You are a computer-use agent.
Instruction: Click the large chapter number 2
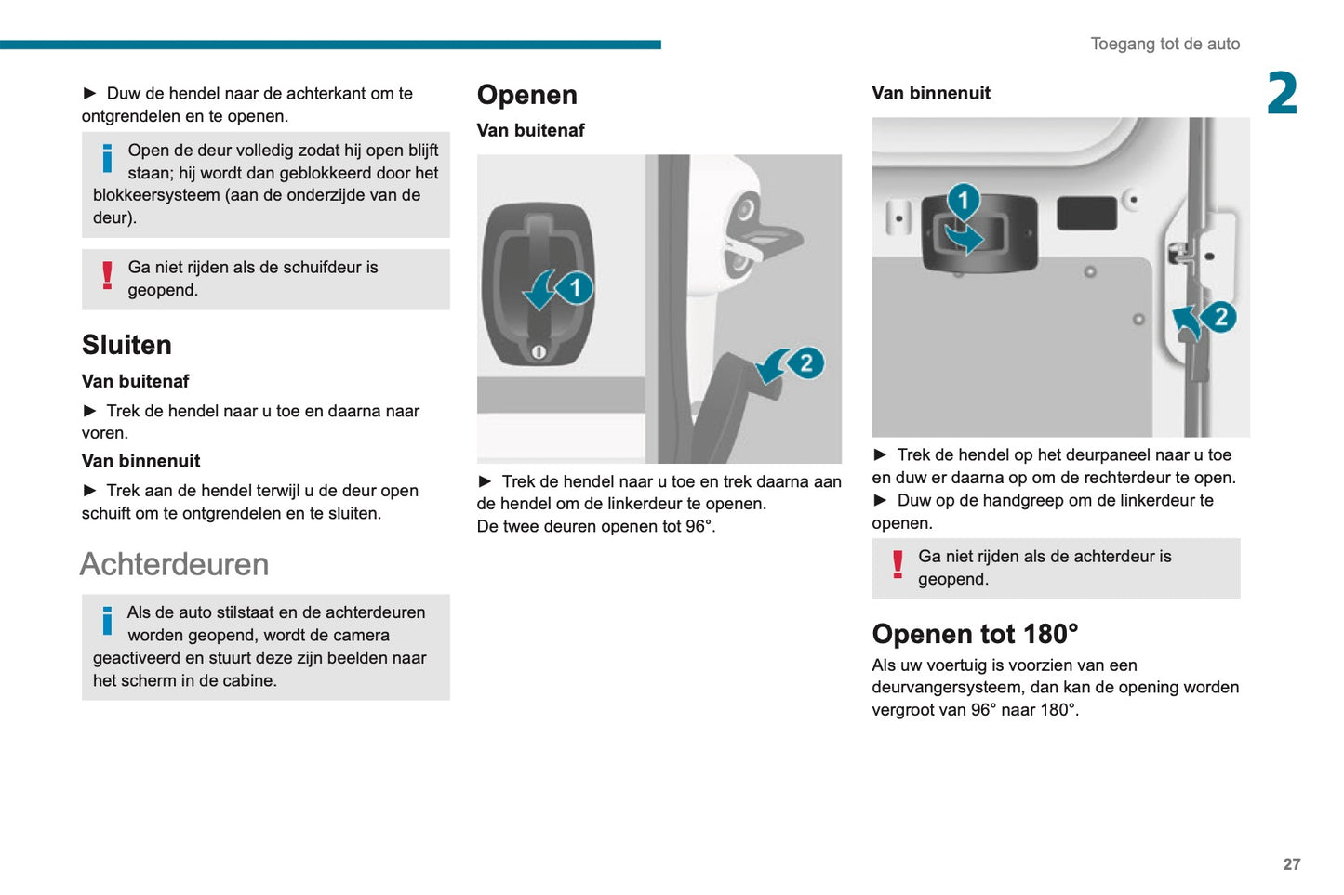click(x=1282, y=94)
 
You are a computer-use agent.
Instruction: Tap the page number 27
click(x=1291, y=863)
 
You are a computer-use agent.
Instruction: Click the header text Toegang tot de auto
click(x=1164, y=44)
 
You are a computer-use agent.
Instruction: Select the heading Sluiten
click(x=126, y=345)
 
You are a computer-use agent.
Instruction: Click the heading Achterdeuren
click(x=174, y=564)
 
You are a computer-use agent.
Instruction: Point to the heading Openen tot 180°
click(x=975, y=634)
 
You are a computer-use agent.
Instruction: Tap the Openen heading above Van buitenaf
click(x=526, y=95)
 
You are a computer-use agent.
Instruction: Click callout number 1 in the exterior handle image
click(x=575, y=288)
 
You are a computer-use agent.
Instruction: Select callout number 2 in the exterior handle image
click(x=805, y=362)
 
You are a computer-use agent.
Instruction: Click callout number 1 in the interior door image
click(x=964, y=200)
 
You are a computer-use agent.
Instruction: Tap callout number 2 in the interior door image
click(x=1219, y=317)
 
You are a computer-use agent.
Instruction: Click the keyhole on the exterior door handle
click(x=538, y=351)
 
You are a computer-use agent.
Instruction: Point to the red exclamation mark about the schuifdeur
click(x=107, y=276)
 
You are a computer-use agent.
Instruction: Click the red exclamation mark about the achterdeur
click(x=897, y=565)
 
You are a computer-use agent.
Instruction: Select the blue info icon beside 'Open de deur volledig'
click(x=107, y=158)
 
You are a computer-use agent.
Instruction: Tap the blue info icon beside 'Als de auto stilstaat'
click(x=107, y=621)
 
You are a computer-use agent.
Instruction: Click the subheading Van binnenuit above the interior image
click(x=930, y=93)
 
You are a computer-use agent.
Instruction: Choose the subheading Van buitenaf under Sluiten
click(x=135, y=381)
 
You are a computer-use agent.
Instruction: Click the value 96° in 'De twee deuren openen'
click(x=699, y=526)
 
